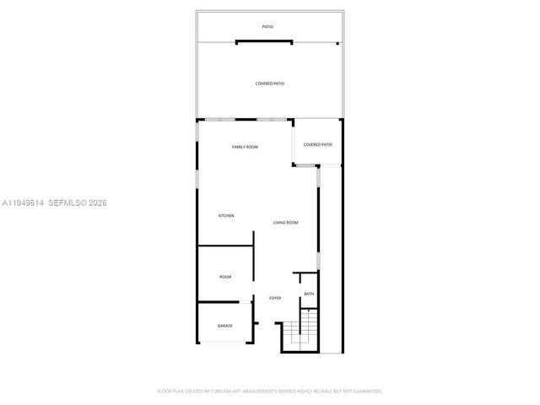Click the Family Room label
[245, 147]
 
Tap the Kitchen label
[226, 216]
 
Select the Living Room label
[286, 223]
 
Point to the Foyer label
[275, 299]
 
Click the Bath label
[309, 294]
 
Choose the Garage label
[225, 326]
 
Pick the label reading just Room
[225, 277]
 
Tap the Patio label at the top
[267, 27]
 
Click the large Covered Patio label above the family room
[270, 84]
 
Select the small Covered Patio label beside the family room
[318, 144]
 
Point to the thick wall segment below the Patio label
[265, 41]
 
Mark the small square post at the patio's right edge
[337, 43]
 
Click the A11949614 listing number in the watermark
[23, 202]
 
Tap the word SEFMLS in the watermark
[67, 202]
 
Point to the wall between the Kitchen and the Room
[225, 246]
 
